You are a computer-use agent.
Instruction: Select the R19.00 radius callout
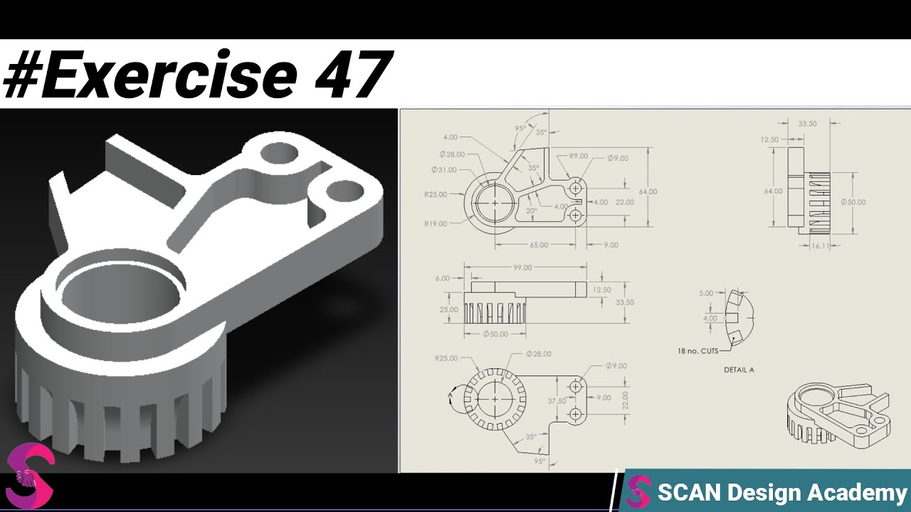pos(436,224)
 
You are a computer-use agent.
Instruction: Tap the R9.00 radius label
pos(578,156)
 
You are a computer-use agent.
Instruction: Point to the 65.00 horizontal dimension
pos(539,245)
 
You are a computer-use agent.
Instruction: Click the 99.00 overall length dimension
pos(522,268)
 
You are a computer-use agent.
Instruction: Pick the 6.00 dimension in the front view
pos(442,279)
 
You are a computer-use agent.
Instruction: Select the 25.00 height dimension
pos(448,310)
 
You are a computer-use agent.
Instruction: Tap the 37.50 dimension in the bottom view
pos(557,401)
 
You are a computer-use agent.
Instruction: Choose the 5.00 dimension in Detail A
pos(706,293)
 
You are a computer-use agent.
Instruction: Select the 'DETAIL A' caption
pos(739,370)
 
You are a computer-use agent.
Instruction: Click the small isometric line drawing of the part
pos(838,414)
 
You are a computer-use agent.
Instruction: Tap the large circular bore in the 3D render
pos(121,291)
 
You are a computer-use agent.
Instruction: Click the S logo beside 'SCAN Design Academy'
pos(638,492)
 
